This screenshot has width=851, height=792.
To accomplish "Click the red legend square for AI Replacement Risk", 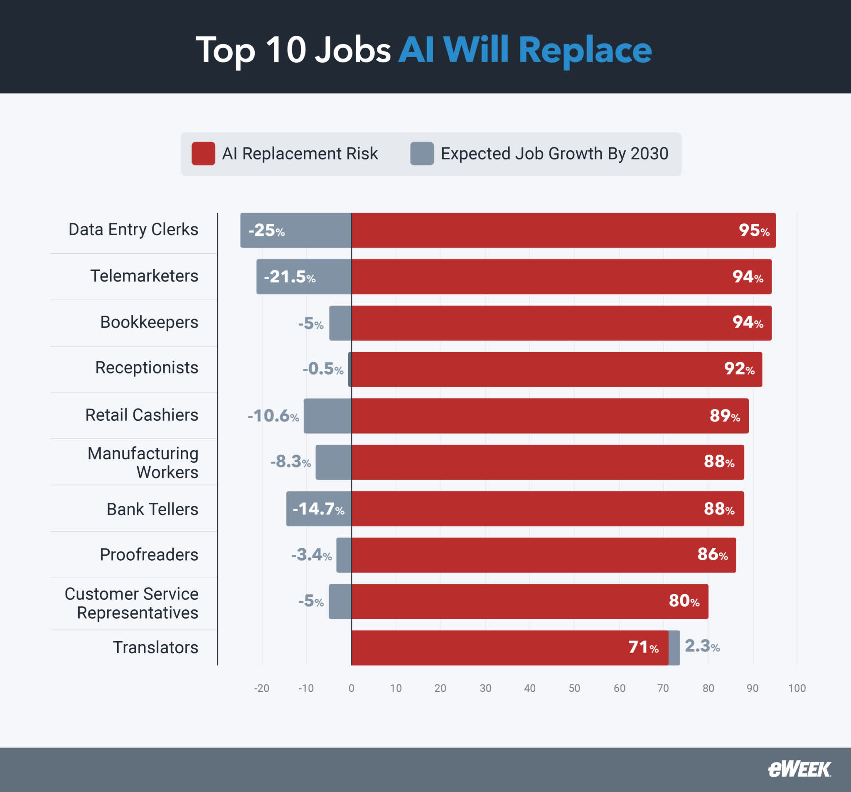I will pyautogui.click(x=203, y=153).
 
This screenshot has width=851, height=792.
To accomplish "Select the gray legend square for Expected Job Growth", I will pyautogui.click(x=422, y=153).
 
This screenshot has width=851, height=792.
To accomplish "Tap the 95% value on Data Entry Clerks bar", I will pyautogui.click(x=754, y=230).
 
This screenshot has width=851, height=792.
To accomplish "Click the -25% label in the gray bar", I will pyautogui.click(x=267, y=230).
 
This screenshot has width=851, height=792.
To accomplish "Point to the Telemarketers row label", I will pyautogui.click(x=144, y=276).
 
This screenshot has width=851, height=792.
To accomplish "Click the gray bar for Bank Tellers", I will pyautogui.click(x=318, y=508).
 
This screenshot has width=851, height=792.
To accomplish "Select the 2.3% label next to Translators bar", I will pyautogui.click(x=701, y=646).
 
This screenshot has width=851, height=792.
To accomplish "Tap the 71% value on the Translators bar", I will pyautogui.click(x=643, y=647).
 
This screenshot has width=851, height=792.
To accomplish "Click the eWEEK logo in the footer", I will pyautogui.click(x=799, y=769).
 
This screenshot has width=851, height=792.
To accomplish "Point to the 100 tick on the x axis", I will pyautogui.click(x=797, y=688).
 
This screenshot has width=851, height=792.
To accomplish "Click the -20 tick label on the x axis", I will pyautogui.click(x=261, y=688).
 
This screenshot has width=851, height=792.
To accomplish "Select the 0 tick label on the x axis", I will pyautogui.click(x=352, y=688).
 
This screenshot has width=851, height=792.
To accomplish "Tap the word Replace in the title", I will pyautogui.click(x=585, y=51).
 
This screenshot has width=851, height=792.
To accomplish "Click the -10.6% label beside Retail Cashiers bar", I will pyautogui.click(x=273, y=415).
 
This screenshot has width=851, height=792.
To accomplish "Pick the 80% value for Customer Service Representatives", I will pyautogui.click(x=684, y=601).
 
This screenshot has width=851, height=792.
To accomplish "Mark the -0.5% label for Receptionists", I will pyautogui.click(x=323, y=368).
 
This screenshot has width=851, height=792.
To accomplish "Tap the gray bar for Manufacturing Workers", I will pyautogui.click(x=334, y=462).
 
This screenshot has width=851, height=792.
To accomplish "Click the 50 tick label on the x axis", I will pyautogui.click(x=574, y=688).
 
